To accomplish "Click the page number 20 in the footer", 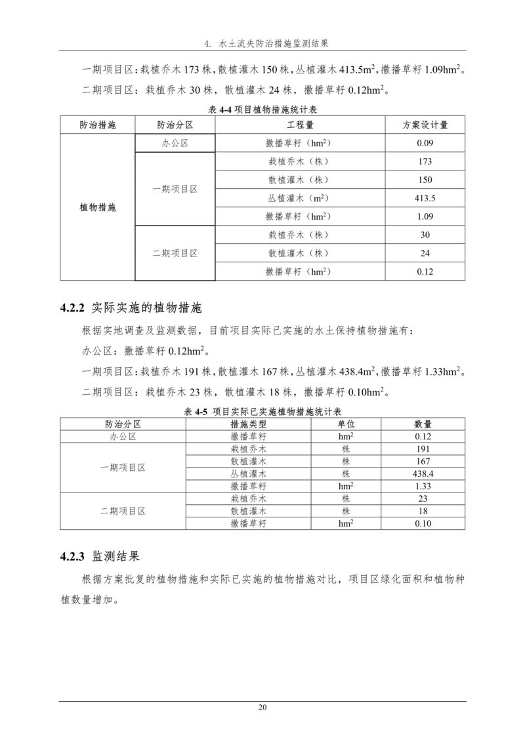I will (x=262, y=707).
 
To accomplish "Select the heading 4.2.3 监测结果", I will (x=99, y=557).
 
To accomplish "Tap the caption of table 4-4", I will (x=262, y=111).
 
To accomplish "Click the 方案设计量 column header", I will (x=425, y=125).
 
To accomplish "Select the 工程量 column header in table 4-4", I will (x=299, y=125).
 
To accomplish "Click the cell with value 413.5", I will (x=425, y=198).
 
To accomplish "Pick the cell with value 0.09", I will (x=425, y=143).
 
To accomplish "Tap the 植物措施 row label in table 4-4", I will (x=98, y=207).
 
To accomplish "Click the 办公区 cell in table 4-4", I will (x=175, y=143).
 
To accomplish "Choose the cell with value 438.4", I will (x=423, y=473).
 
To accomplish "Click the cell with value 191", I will (x=423, y=449).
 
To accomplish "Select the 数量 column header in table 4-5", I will (x=423, y=424).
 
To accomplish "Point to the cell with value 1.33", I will (x=423, y=486).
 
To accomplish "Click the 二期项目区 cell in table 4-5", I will (x=123, y=511).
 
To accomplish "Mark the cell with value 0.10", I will (x=423, y=523).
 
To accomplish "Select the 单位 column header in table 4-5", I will (x=346, y=424).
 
